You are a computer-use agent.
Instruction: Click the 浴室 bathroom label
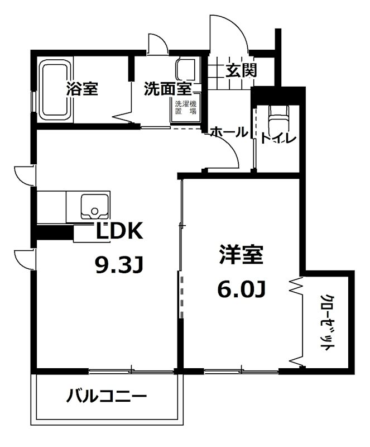(82, 89)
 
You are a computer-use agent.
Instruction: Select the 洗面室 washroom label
(167, 89)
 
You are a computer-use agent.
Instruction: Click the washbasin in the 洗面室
(185, 71)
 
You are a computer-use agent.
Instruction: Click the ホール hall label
(229, 132)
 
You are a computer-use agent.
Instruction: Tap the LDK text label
(121, 231)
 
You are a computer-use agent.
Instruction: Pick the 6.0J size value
(241, 289)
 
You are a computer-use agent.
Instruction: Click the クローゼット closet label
(327, 322)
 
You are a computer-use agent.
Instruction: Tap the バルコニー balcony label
(107, 397)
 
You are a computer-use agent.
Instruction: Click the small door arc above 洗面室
(156, 44)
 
